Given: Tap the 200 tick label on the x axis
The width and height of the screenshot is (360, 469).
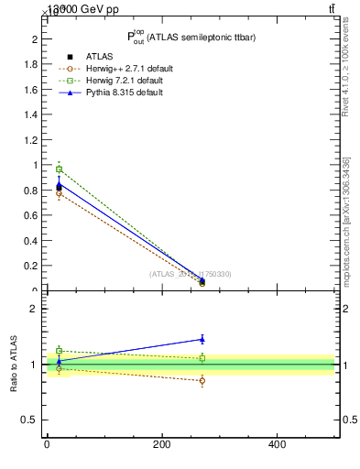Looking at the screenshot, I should pyautogui.click(x=161, y=444).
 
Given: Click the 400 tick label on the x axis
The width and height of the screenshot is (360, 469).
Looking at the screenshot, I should pyautogui.click(x=277, y=444).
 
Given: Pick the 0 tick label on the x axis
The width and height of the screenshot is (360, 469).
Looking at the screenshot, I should pyautogui.click(x=47, y=444).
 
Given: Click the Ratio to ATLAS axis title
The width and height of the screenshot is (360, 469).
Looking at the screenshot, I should pyautogui.click(x=14, y=365).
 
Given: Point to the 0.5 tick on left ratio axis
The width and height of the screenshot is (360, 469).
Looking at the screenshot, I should pyautogui.click(x=28, y=420).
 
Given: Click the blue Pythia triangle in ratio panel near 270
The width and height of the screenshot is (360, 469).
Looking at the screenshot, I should pyautogui.click(x=202, y=339).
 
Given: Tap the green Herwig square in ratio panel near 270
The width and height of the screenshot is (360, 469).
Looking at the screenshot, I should pyautogui.click(x=202, y=358).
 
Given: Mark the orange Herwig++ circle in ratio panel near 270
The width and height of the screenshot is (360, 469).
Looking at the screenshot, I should pyautogui.click(x=202, y=380).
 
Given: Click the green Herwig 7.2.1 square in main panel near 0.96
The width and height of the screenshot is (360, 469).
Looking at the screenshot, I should pyautogui.click(x=59, y=169).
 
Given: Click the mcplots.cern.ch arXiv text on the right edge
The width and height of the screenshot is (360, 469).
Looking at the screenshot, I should pyautogui.click(x=346, y=220).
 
